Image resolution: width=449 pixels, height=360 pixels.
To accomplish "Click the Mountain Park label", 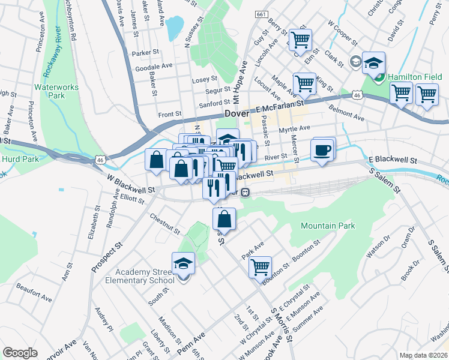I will coord(328,226).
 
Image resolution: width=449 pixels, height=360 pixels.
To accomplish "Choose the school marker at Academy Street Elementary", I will coord(183,264).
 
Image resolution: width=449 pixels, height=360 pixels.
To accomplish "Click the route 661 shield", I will coord(261,14).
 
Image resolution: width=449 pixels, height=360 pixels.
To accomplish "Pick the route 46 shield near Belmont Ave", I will coord(357,95).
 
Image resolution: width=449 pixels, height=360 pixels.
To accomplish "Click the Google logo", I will coord(20,353).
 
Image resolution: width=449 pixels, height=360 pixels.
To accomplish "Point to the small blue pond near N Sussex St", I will coord(175,27).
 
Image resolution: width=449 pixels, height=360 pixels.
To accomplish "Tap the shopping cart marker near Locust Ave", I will coord(304,83).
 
